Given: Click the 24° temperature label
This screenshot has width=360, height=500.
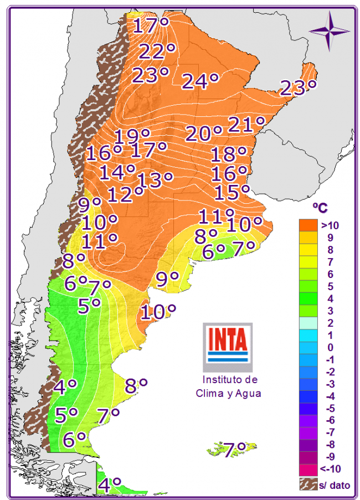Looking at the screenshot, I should tap(200, 81).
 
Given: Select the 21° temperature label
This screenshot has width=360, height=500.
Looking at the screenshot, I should tap(246, 125).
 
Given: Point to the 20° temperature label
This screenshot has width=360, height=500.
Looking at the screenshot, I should tap(203, 133).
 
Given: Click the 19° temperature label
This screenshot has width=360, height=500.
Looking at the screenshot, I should tap(132, 136).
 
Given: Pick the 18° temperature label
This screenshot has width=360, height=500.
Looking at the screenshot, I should tap(228, 154).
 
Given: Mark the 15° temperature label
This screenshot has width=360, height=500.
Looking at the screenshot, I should tap(232, 192).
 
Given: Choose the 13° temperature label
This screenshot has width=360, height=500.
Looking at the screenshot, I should tap(155, 179).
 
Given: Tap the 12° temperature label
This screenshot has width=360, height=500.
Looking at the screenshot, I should tap(126, 194).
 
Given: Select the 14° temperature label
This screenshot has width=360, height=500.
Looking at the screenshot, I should tap(117, 172).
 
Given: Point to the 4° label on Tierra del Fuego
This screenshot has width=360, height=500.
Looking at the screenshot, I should tap(109, 486).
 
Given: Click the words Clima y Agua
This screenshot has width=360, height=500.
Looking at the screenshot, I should tap(228, 394).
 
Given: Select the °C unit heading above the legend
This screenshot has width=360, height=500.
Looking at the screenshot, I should tap(320, 208).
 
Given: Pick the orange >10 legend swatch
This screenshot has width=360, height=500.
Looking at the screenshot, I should tap(307, 225).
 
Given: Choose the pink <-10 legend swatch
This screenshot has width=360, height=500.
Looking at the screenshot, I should tap(307, 469).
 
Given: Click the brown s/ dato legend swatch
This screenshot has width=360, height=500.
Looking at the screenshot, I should tap(307, 484).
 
